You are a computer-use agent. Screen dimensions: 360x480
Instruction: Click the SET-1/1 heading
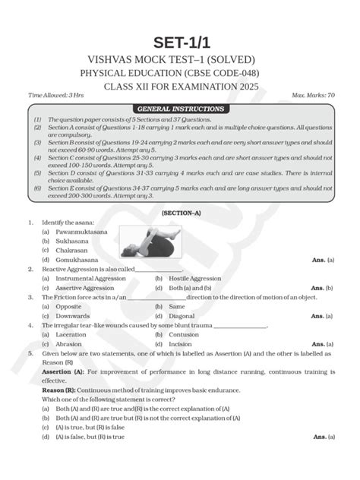[x=180, y=43]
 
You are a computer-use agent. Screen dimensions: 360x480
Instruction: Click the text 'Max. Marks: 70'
[x=312, y=96]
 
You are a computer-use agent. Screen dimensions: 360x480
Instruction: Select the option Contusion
[x=184, y=334]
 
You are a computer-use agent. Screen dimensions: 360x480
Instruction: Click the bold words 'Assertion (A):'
[x=64, y=372]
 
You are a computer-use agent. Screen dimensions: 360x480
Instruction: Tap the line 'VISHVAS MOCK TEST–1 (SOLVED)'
[x=180, y=59]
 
